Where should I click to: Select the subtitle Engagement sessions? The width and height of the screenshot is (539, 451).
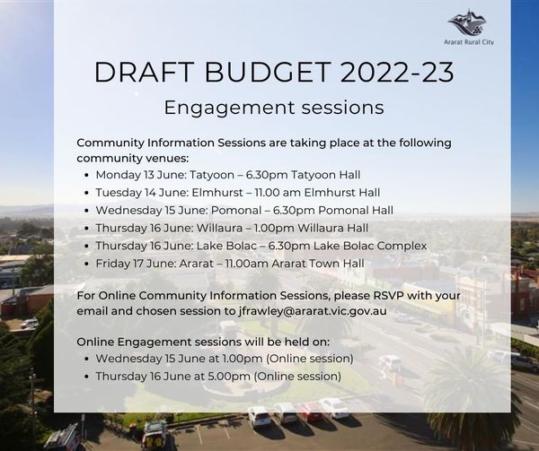[x=273, y=108]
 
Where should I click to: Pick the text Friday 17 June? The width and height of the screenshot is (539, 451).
[x=131, y=263]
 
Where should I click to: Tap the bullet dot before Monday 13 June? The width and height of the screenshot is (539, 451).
[x=86, y=176]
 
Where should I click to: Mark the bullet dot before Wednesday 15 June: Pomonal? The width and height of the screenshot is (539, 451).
[x=86, y=211]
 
